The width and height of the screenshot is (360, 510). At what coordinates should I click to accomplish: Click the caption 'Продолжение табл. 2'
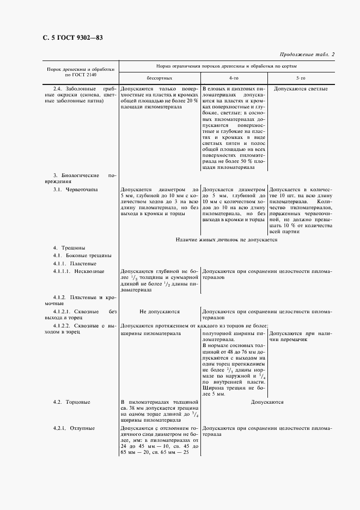307,54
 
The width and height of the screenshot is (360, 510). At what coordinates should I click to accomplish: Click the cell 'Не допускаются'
159,312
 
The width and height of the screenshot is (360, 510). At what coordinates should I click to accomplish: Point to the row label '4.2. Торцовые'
72,402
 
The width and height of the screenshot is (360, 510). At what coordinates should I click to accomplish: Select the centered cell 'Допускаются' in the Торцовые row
267,402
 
